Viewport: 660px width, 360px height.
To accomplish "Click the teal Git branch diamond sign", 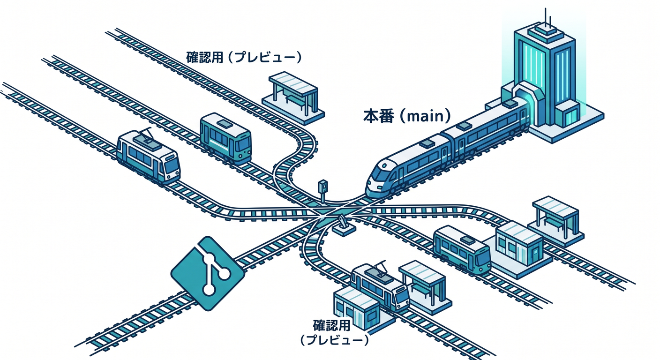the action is pyautogui.click(x=208, y=273).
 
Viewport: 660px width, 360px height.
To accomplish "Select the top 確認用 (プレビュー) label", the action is pyautogui.click(x=244, y=57).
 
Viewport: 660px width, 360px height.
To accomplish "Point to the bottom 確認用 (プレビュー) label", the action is pyautogui.click(x=334, y=333).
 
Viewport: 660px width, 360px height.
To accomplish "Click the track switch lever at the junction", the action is pyautogui.click(x=343, y=226).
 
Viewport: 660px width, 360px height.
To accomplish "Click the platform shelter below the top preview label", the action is pyautogui.click(x=293, y=97).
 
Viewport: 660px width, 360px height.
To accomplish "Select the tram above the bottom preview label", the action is pyautogui.click(x=380, y=288).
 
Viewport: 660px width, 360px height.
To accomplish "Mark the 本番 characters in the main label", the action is pyautogui.click(x=378, y=116).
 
